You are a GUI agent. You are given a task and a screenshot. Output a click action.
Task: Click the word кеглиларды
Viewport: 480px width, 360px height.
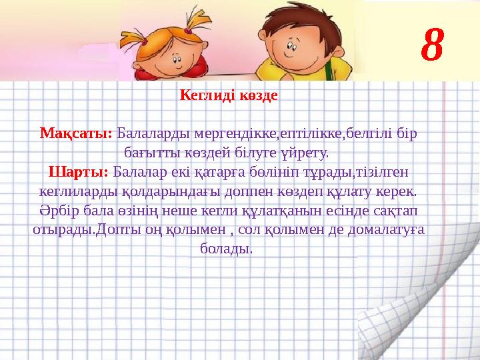(x=74, y=191)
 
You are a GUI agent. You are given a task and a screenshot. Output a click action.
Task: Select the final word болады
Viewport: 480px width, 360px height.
(x=226, y=249)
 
